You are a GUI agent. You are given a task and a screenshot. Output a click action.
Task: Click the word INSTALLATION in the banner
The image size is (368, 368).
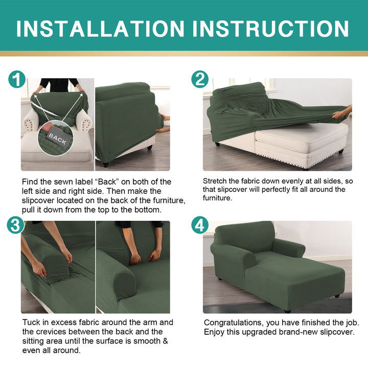point(100,29)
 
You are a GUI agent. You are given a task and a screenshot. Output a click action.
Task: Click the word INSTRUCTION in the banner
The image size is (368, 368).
point(270,29)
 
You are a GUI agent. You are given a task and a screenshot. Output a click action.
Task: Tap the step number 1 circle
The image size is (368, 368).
point(17,79)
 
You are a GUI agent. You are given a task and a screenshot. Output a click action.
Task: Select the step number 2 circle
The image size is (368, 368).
point(200,79)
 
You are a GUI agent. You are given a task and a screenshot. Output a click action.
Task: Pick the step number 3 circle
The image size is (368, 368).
point(15,225)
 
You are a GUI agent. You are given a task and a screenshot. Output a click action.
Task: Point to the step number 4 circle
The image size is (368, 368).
point(200,225)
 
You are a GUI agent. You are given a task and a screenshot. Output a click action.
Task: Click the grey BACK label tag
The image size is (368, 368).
point(57,139)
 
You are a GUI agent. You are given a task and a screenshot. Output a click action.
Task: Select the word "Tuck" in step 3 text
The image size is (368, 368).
point(31,322)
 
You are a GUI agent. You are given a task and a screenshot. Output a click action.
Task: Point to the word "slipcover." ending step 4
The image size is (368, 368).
point(337,332)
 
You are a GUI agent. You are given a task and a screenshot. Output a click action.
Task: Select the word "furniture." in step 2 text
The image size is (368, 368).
point(218,198)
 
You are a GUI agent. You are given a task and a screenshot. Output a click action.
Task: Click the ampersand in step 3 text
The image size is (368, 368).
point(166,341)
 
